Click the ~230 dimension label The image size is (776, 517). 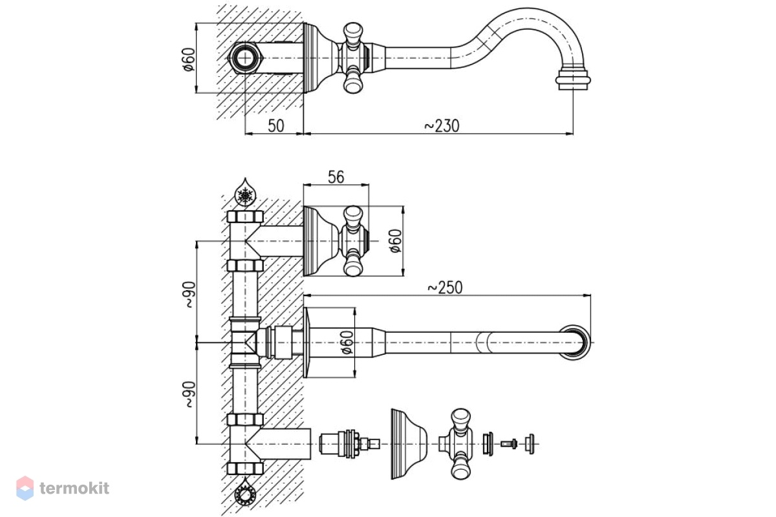click(442, 126)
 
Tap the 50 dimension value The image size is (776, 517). click(276, 126)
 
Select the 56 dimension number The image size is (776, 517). click(336, 177)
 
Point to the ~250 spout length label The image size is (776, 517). click(445, 288)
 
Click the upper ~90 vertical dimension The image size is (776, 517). click(190, 295)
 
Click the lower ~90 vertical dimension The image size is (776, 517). click(190, 394)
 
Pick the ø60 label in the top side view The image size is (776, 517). click(189, 59)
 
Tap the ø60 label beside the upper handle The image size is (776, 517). click(396, 241)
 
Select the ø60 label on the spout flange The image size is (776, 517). click(347, 343)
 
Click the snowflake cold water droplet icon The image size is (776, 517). click(246, 193)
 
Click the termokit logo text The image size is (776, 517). click(74, 489)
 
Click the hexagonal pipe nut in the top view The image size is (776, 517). click(246, 58)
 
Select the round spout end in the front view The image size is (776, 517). click(576, 343)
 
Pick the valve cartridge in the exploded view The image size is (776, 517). click(349, 443)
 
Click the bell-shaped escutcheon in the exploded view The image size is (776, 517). click(409, 444)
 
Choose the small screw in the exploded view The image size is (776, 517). click(509, 443)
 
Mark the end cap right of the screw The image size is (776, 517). click(530, 443)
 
